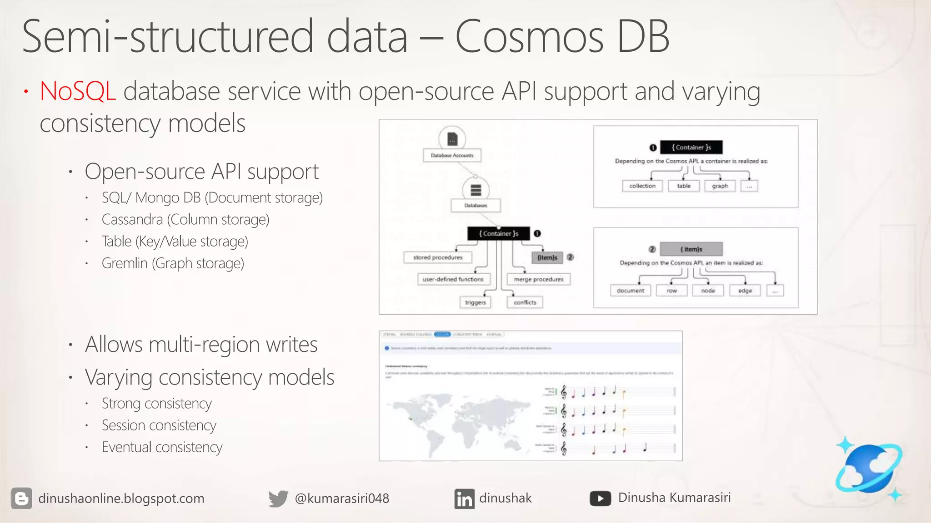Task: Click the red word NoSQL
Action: click(x=77, y=91)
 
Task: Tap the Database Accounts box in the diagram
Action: click(x=452, y=155)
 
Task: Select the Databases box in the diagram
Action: click(x=476, y=205)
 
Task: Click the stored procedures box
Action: click(x=437, y=257)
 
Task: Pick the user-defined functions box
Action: click(x=453, y=279)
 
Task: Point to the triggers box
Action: click(x=475, y=302)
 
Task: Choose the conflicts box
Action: click(x=525, y=302)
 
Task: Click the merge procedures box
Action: click(x=538, y=279)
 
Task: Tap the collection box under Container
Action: click(x=642, y=186)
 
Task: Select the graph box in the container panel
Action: click(x=720, y=186)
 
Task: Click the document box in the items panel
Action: click(x=630, y=291)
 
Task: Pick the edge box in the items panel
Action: click(x=745, y=291)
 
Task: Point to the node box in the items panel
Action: click(x=708, y=291)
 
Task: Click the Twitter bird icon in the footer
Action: click(x=278, y=498)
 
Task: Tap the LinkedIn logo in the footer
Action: click(x=464, y=498)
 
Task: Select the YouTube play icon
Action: click(x=600, y=498)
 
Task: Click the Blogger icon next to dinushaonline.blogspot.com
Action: click(x=21, y=498)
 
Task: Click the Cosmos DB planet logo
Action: click(x=868, y=469)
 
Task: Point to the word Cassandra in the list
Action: click(x=132, y=220)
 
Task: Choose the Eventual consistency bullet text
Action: click(x=162, y=447)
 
